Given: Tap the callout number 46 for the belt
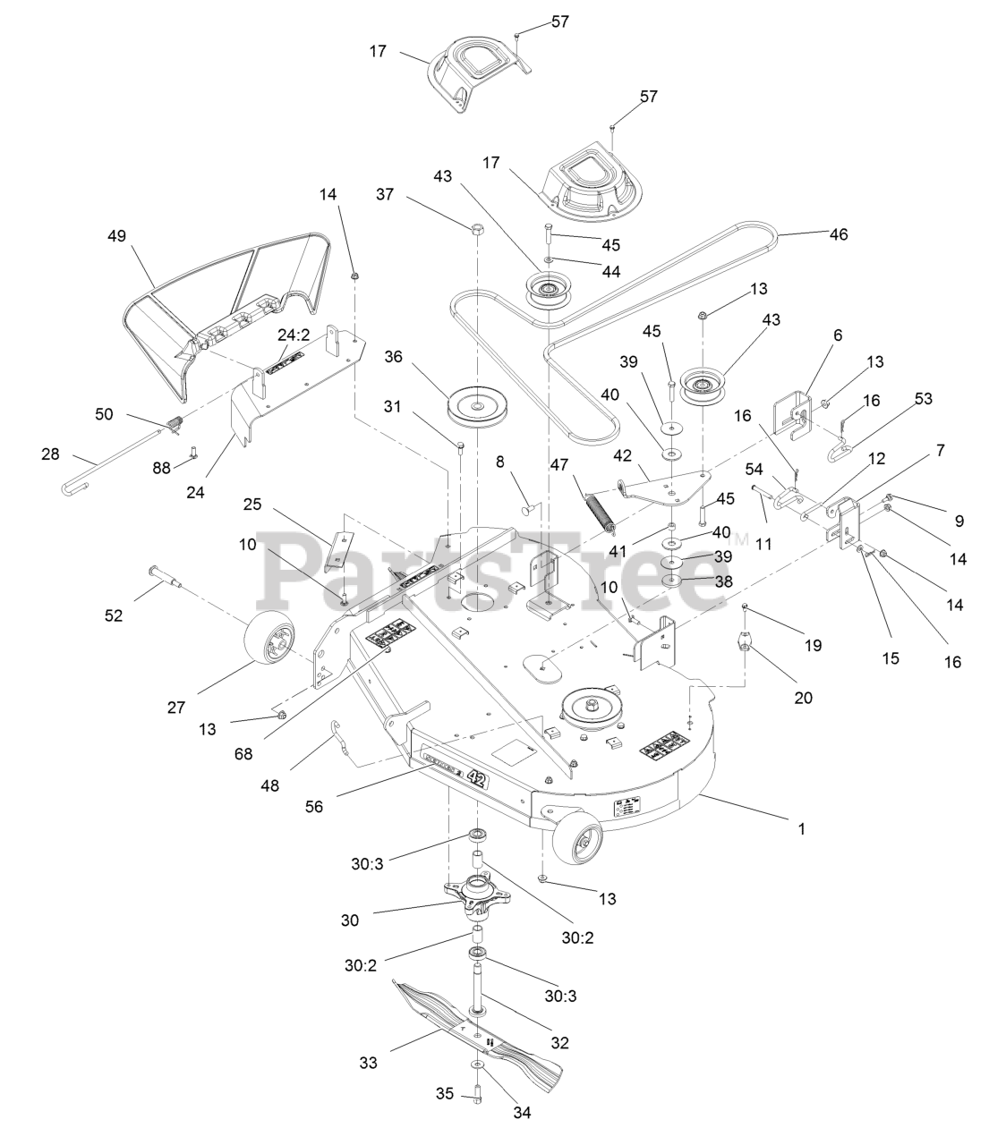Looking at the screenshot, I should pyautogui.click(x=838, y=234).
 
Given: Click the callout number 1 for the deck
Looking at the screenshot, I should pyautogui.click(x=802, y=829).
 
